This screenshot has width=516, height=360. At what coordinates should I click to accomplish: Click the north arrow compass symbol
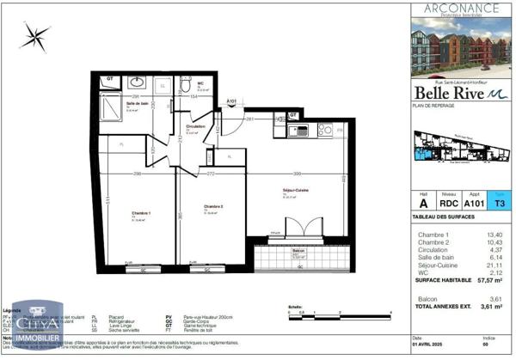pos(37,35)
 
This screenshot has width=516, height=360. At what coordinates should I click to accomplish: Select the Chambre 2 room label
pos(213,207)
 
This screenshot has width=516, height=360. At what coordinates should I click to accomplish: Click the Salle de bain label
pos(138,104)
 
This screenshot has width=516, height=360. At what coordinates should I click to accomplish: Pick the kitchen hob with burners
pos(325,130)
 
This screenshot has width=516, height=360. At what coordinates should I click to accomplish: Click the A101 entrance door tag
pos(230,102)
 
